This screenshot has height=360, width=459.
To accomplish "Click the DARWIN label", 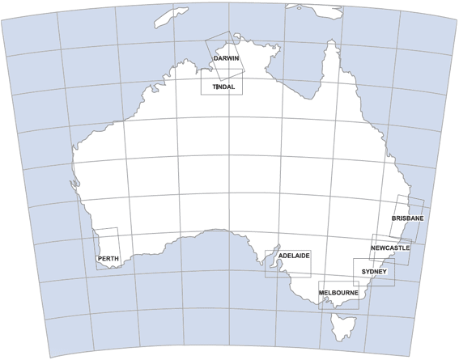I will tap(225, 59).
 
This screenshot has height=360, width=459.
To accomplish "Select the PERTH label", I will tap(108, 259).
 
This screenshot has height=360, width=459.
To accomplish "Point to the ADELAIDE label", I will tap(294, 256).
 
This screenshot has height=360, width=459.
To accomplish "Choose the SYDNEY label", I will tap(375, 271).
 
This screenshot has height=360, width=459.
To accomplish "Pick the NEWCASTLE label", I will tap(390, 249).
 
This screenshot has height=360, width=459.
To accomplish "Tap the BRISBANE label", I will tap(407, 219).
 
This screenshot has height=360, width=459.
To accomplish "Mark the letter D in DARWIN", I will tap(215, 59).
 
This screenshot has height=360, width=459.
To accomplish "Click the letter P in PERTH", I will tap(100, 259).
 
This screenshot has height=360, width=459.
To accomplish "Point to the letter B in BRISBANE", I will tap(393, 219).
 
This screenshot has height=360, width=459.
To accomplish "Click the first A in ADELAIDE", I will tap(280, 256).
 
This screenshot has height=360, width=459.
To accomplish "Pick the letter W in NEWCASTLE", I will tap(383, 249).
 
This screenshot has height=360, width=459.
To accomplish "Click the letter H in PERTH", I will tap(117, 259).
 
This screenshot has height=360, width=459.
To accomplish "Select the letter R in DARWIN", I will tap(225, 59).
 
